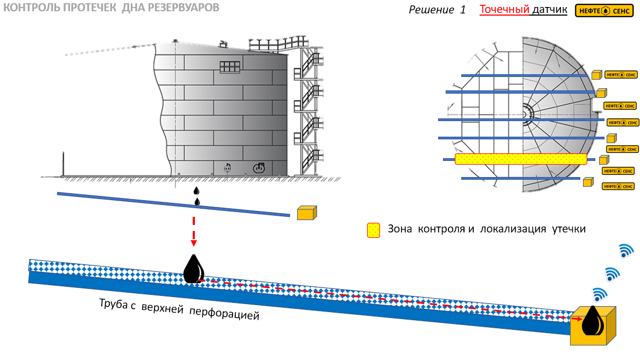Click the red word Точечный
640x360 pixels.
504,9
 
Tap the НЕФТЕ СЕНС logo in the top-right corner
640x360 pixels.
603,11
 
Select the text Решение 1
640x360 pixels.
437,10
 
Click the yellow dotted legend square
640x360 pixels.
374,230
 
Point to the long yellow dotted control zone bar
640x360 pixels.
521,159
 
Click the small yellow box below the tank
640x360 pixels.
307,213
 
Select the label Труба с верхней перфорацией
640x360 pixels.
179,308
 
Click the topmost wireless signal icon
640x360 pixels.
625,250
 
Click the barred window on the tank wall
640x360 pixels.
229,66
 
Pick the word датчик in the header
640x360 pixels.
550,9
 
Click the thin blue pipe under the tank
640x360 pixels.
172,204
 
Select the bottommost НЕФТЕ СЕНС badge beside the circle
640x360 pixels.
618,186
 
